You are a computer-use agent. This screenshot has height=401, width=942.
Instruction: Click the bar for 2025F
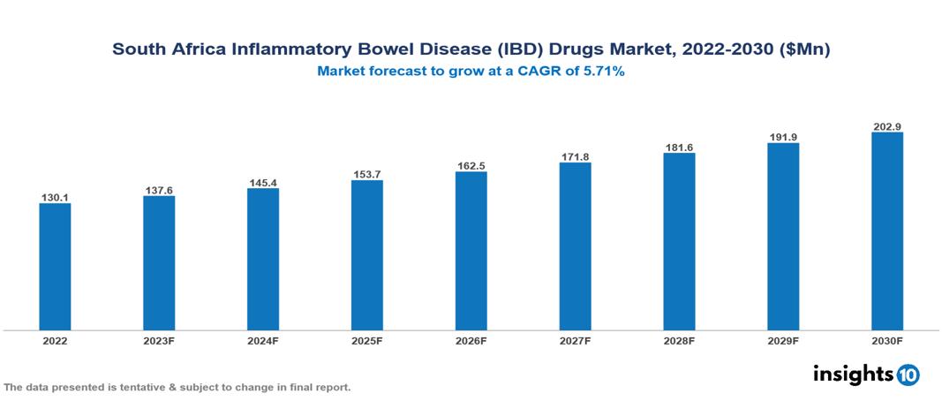point(367,255)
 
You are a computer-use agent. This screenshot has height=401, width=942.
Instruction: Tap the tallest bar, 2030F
point(887,231)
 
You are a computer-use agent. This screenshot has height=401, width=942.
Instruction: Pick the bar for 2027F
point(575,246)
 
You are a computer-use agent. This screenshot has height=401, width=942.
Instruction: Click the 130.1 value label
point(55,198)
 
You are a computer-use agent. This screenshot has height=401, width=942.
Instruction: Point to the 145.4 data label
point(263,182)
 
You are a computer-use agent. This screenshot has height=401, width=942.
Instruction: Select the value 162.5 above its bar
point(471,165)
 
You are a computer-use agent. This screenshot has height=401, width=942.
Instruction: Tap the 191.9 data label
point(783,137)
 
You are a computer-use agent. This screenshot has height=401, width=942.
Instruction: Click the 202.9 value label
point(887,126)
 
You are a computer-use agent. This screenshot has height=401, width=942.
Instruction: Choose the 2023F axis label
point(159,340)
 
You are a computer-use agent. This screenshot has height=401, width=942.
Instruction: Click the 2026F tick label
point(471,340)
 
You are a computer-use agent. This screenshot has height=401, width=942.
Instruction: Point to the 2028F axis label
point(679,340)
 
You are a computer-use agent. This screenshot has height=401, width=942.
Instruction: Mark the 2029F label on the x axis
point(783,340)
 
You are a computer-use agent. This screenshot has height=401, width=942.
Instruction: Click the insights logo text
point(853,374)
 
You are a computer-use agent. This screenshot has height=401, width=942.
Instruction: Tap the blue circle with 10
point(908,375)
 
